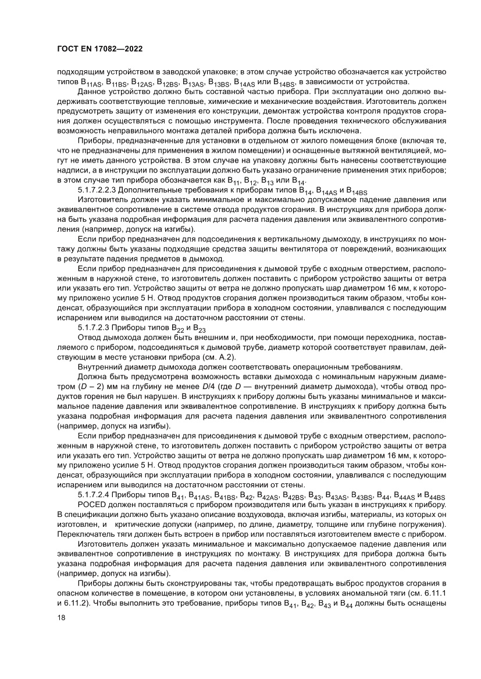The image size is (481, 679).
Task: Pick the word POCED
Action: [90, 505]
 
